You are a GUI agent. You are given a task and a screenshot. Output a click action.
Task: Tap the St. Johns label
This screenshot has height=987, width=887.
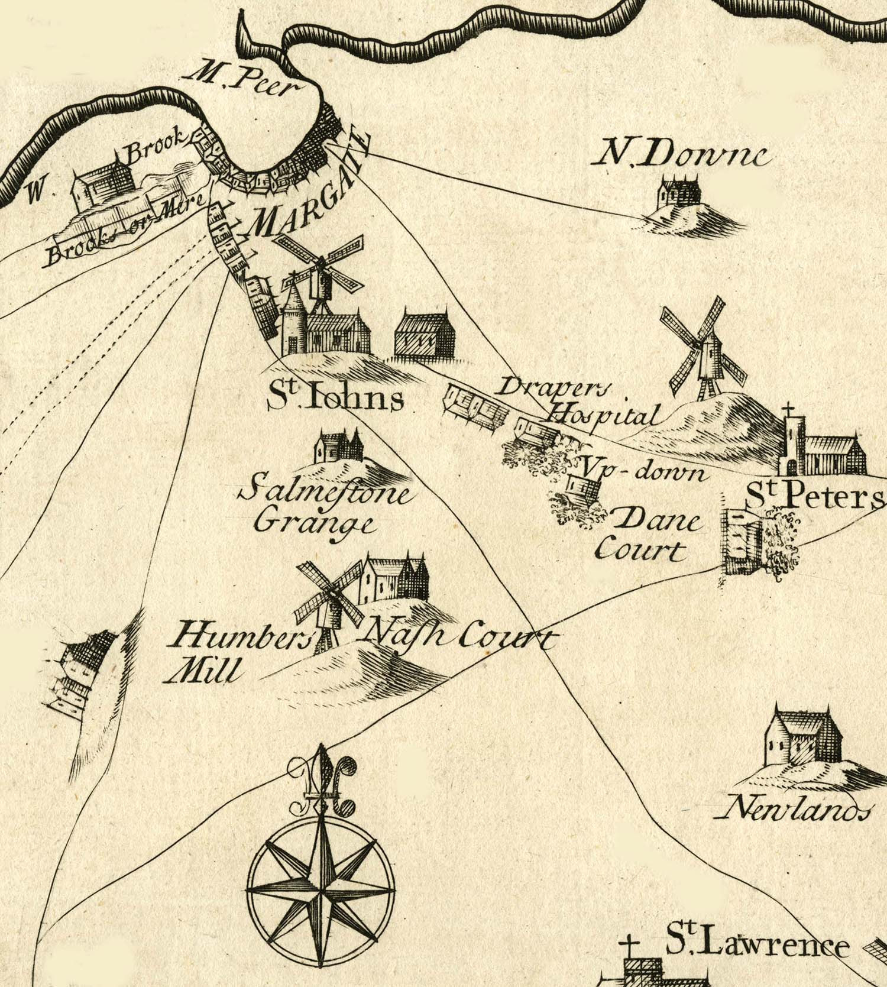(x=335, y=399)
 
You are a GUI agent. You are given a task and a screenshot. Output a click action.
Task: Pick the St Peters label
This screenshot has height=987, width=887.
(x=813, y=499)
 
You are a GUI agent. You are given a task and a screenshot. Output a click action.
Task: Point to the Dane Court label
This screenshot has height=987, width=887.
(x=648, y=535)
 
